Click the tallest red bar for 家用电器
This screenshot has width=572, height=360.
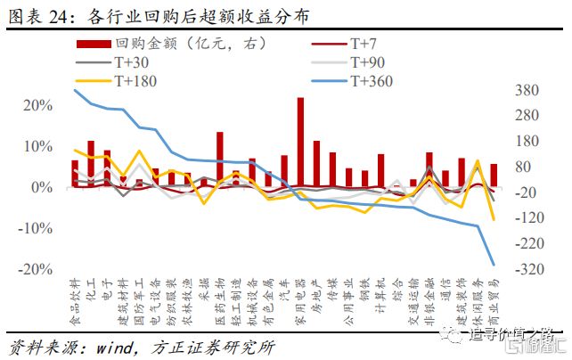[x=300, y=143]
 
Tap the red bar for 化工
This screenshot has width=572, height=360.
[x=91, y=165]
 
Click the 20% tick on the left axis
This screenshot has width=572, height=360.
[x=37, y=105]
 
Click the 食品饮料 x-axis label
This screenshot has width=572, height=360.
[x=75, y=302]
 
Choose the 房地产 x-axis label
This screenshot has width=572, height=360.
[x=316, y=298]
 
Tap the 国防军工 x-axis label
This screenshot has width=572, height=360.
[x=139, y=302]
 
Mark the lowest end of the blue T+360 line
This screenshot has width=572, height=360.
[x=494, y=264]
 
